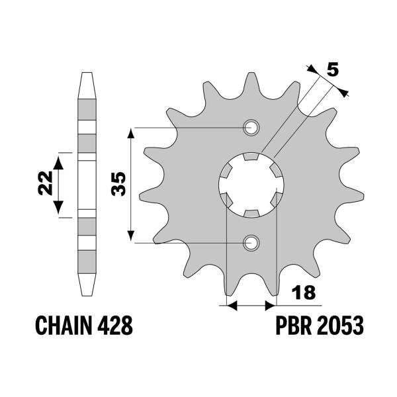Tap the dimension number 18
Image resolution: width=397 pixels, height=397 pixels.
point(305,292)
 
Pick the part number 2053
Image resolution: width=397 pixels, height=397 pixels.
point(341,326)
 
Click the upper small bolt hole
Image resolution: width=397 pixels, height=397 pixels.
point(251,128)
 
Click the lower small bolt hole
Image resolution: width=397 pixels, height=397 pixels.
point(251,242)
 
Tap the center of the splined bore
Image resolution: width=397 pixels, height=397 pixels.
point(251,185)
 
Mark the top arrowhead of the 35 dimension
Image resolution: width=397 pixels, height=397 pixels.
point(132,132)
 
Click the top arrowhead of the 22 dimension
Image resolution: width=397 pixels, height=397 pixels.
point(60,157)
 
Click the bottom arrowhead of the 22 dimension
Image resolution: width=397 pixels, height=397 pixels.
point(60,212)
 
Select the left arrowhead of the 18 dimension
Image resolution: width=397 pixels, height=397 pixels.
point(230,306)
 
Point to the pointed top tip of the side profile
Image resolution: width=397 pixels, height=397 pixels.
point(87,72)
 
